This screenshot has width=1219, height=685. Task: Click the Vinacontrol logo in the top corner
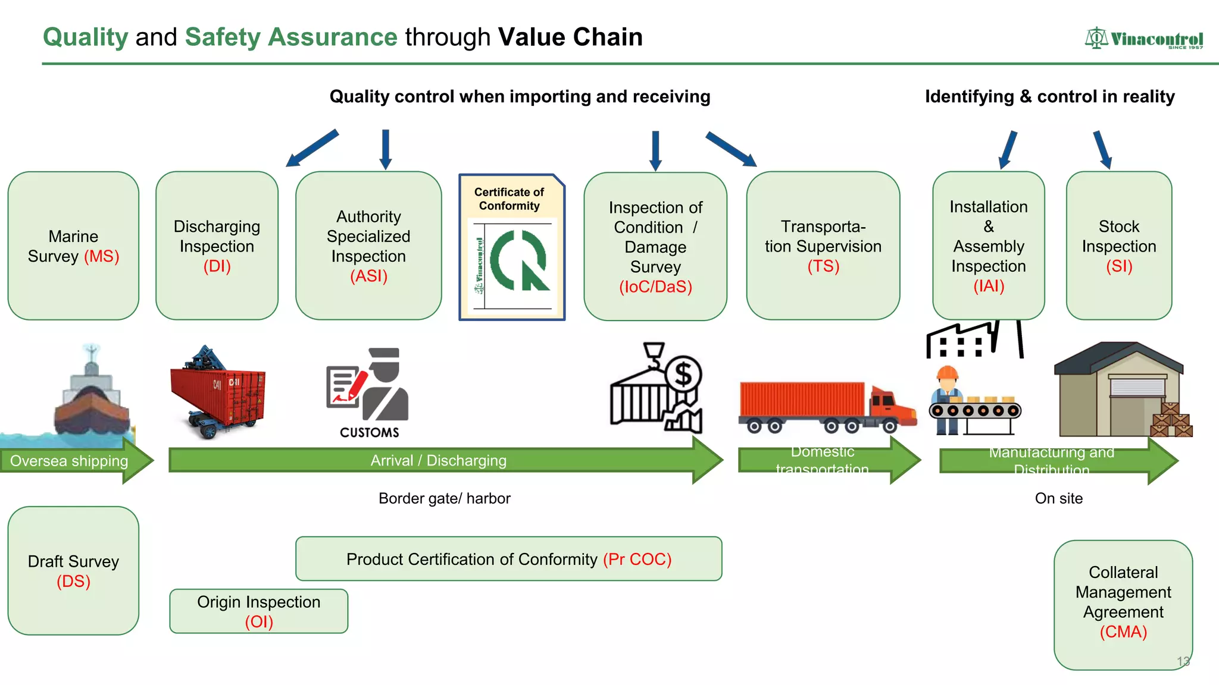coord(1143,39)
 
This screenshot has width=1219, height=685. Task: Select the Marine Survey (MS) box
coord(73,246)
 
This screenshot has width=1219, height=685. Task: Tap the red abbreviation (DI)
coord(217,266)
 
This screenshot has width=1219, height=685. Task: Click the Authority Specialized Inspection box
coord(368,246)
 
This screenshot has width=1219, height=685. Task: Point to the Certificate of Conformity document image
coord(512,247)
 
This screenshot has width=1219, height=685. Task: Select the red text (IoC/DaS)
coord(655,287)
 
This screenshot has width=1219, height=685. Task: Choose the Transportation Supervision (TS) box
coord(823,246)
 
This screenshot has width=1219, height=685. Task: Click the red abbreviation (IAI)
coord(989,286)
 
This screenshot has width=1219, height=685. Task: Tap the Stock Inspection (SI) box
coord(1118,246)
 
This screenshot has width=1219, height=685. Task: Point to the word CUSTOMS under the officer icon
coord(370,433)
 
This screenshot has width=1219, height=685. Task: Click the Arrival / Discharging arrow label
coord(439,461)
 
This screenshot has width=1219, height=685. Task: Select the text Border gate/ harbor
coord(444,498)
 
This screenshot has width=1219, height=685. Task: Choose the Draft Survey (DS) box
coord(73,571)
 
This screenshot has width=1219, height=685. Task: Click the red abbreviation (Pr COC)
coord(637,560)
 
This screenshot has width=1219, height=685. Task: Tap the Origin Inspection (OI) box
coord(258,611)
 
